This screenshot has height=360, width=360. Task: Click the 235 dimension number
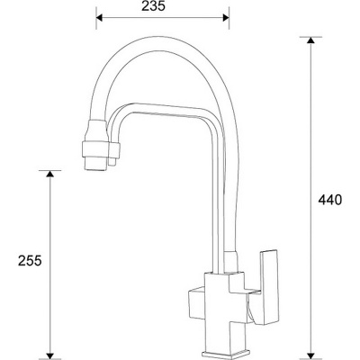(x=153, y=6)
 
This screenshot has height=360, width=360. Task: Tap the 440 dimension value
(x=330, y=200)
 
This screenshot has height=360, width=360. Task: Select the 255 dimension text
(x=30, y=260)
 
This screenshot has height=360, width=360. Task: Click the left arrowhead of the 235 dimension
(x=100, y=18)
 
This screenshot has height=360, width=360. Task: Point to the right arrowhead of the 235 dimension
(x=226, y=18)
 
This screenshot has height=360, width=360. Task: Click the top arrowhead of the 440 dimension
(x=310, y=40)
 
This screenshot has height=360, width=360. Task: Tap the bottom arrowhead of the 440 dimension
(x=310, y=355)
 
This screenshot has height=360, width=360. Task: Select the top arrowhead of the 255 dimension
(x=49, y=174)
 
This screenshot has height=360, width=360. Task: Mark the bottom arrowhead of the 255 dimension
(x=49, y=355)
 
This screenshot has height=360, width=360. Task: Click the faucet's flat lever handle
(x=269, y=287)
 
